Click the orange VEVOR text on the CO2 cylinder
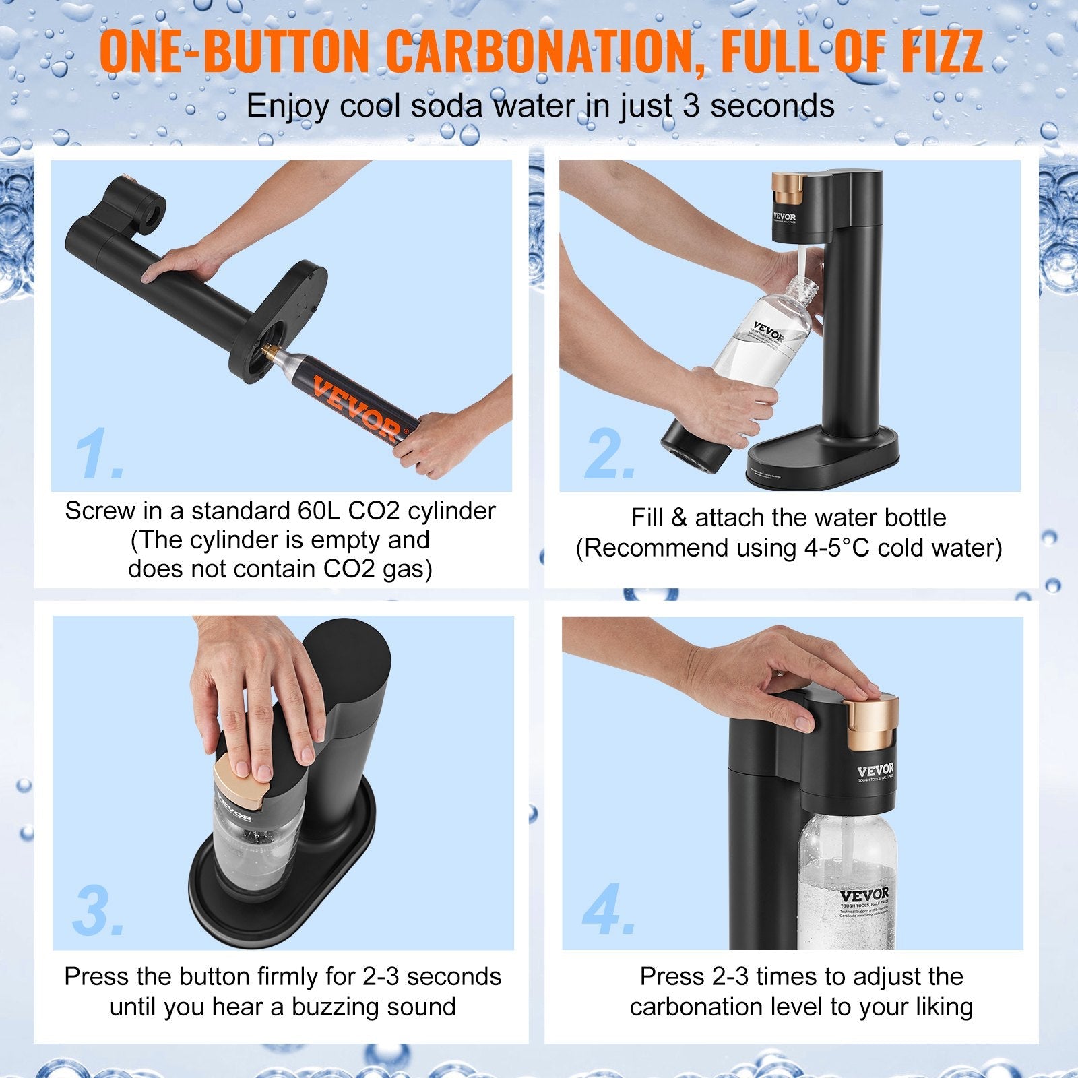[x=357, y=408]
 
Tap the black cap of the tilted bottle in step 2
[x=694, y=451]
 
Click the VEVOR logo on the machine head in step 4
[x=875, y=770]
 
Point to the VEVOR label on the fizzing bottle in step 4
[x=864, y=896]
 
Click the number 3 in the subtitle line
[x=691, y=106]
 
